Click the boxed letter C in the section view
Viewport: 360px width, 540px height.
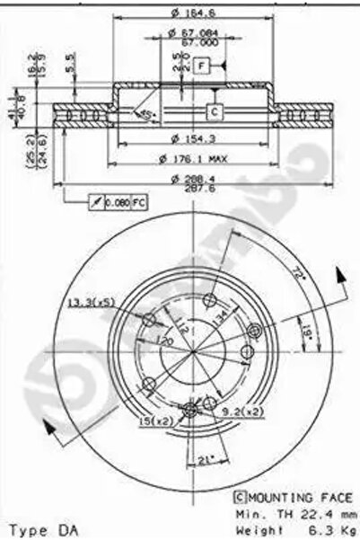215,111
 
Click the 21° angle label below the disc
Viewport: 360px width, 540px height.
206,461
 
